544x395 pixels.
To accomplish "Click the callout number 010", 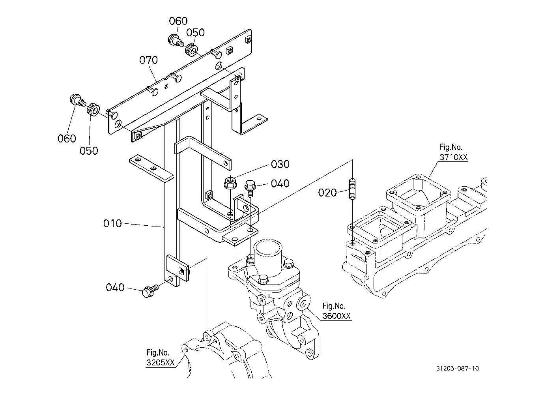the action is point(112,223).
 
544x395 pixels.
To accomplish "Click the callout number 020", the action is point(327,193).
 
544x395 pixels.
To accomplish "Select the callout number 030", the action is point(280,164).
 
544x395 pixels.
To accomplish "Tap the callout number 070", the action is point(149,60).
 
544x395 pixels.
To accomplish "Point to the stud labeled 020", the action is point(352,189).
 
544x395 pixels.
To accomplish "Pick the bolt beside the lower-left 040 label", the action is point(150,291).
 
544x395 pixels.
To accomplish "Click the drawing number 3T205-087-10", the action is point(457,369).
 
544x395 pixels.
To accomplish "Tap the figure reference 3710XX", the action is point(453,157).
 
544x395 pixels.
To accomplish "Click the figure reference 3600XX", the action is point(336,316).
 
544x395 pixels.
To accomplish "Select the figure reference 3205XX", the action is point(161,363).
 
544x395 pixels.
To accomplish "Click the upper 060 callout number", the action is point(178,21).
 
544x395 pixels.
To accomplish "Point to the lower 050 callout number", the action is point(89,151).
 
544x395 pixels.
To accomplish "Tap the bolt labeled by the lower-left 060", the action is point(77,100).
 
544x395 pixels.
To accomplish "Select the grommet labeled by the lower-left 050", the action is point(93,110).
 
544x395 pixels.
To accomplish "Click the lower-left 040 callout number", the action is point(115,287).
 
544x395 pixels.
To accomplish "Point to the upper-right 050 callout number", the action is point(196,32).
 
